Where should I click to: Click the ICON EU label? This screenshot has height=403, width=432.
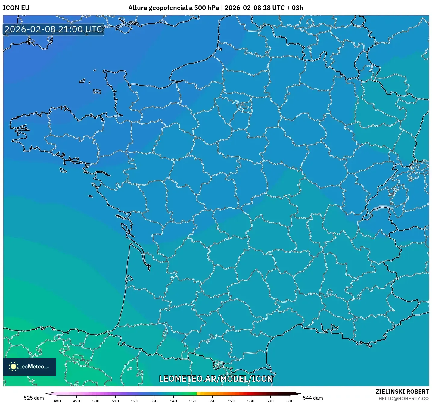tap(16, 8)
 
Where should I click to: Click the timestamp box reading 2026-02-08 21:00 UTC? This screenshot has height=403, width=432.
tap(54, 30)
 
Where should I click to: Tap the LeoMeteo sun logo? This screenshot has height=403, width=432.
tap(13, 367)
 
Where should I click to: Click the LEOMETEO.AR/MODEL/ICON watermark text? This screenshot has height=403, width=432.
tap(216, 379)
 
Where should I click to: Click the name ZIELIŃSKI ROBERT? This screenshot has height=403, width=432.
tap(402, 392)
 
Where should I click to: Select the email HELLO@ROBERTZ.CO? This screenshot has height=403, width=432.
tap(403, 398)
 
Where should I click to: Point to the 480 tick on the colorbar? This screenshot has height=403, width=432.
tap(57, 401)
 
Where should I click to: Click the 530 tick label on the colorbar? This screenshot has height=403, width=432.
tap(154, 401)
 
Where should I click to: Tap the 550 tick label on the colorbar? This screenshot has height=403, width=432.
tap(193, 401)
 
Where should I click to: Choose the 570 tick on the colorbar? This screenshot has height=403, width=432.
tap(232, 401)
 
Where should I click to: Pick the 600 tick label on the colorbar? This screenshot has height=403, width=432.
tap(290, 401)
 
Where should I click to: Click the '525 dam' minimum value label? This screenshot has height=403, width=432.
tap(34, 398)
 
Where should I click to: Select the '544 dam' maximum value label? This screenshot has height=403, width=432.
tap(313, 398)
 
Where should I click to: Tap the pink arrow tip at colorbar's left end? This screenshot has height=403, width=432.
tap(48, 393)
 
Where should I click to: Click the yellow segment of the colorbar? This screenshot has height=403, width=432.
tap(199, 393)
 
